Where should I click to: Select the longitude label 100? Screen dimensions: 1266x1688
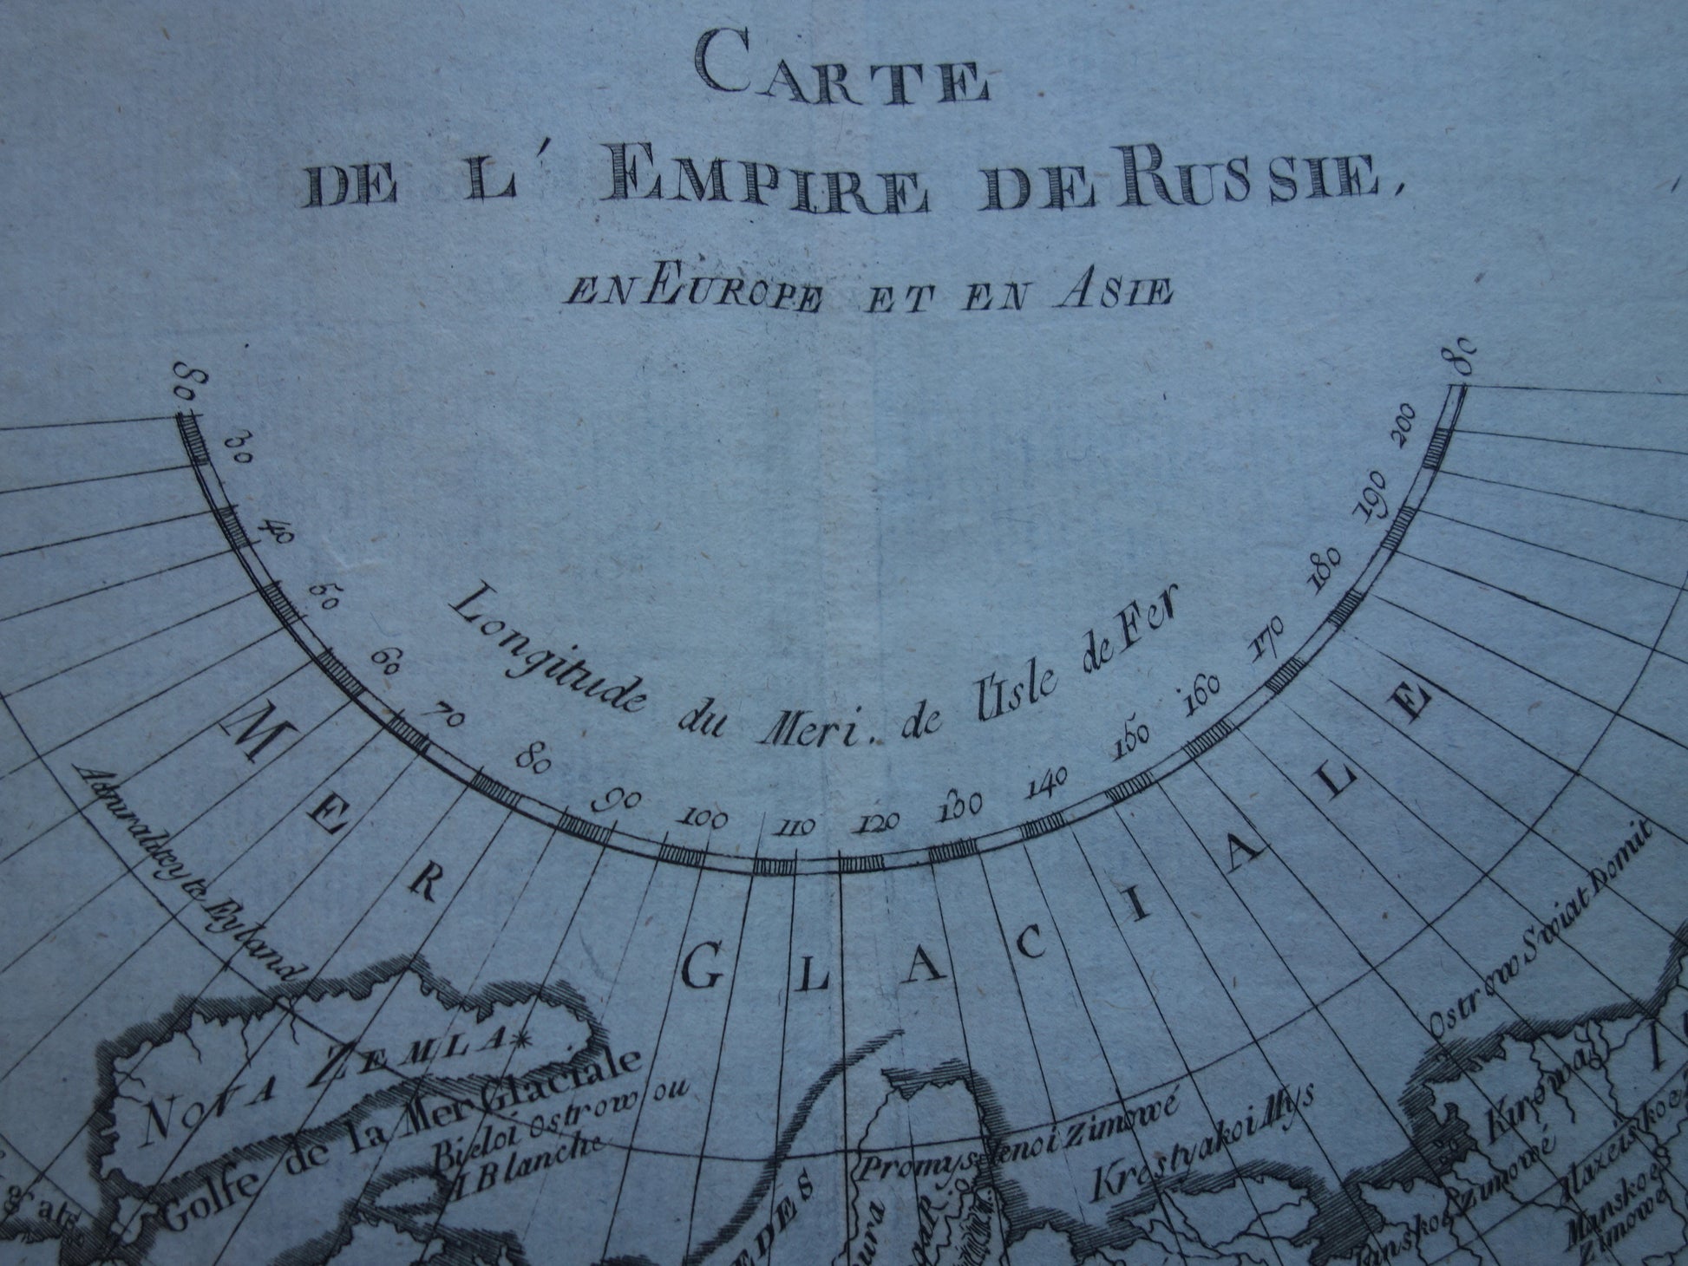point(703,818)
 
